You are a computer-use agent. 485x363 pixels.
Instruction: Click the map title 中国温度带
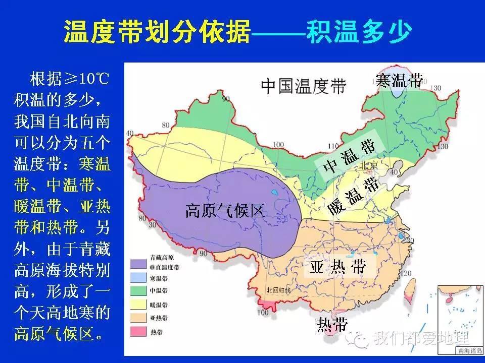[303, 86]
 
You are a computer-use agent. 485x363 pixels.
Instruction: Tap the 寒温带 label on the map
[399, 80]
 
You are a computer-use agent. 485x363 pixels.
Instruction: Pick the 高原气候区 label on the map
[225, 211]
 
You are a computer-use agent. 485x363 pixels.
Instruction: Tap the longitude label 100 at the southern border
[263, 313]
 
